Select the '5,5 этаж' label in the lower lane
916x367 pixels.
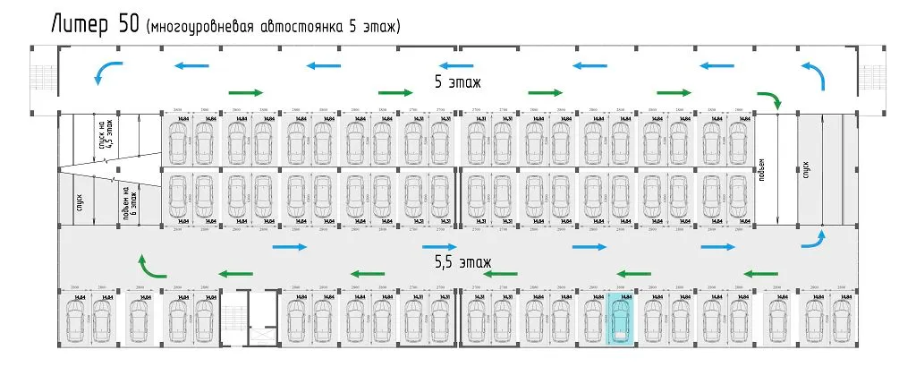coord(462,263)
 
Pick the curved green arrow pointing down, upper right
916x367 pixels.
coord(771,99)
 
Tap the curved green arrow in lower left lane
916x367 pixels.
coord(149,265)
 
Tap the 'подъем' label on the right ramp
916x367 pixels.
coord(761,169)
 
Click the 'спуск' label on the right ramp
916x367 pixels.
coord(806,169)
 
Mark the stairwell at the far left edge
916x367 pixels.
coord(42,78)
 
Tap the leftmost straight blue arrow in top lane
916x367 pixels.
coord(192,65)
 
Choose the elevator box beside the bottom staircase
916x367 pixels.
coord(264,318)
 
